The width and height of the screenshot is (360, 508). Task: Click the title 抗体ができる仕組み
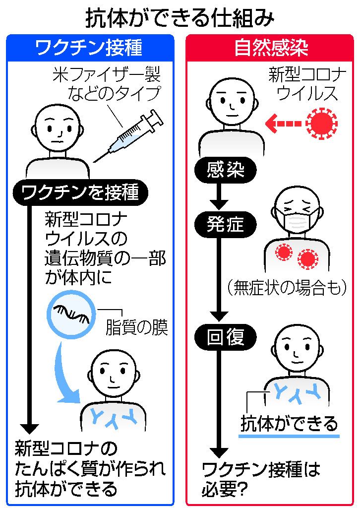(x=180, y=17)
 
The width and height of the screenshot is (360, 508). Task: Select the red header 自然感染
(x=271, y=48)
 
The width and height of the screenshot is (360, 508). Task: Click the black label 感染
(x=226, y=171)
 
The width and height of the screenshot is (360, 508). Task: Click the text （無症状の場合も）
(x=285, y=288)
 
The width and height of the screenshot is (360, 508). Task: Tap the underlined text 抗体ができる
(x=289, y=424)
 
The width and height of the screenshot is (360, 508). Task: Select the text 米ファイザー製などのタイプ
(x=107, y=84)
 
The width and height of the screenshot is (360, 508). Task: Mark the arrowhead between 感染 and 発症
(x=219, y=203)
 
